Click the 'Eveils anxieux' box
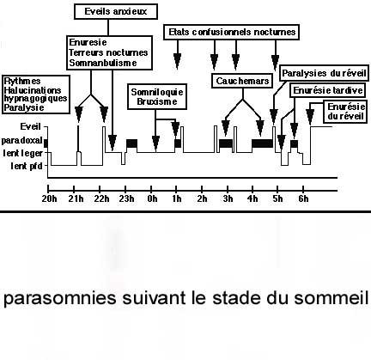pyautogui.click(x=116, y=11)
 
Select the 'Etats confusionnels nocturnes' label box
pyautogui.click(x=232, y=32)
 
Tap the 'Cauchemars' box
pyautogui.click(x=242, y=81)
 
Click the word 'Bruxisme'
pyautogui.click(x=157, y=101)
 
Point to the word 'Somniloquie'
pyautogui.click(x=157, y=92)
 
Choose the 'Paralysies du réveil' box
pyautogui.click(x=324, y=73)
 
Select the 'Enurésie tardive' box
pyautogui.click(x=328, y=90)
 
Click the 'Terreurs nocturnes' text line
pyautogui.click(x=108, y=52)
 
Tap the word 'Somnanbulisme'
pyautogui.click(x=103, y=63)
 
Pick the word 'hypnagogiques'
pyautogui.click(x=35, y=99)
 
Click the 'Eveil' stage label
pyautogui.click(x=30, y=126)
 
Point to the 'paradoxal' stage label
pyautogui.click(x=22, y=141)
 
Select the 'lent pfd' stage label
pyautogui.click(x=27, y=166)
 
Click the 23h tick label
pyautogui.click(x=126, y=198)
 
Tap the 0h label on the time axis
pyautogui.click(x=152, y=198)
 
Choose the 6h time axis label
pyautogui.click(x=303, y=198)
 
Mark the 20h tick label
pyautogui.click(x=49, y=198)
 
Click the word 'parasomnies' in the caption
pyautogui.click(x=60, y=299)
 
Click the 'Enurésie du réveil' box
pyautogui.click(x=345, y=112)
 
